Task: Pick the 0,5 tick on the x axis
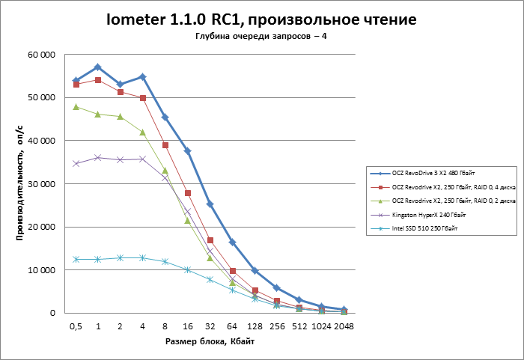pyautogui.click(x=76, y=326)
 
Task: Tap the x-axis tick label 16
pyautogui.click(x=187, y=326)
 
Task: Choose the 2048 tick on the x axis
pyautogui.click(x=344, y=326)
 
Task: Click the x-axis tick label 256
pyautogui.click(x=277, y=326)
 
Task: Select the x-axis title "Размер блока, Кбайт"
pyautogui.click(x=210, y=342)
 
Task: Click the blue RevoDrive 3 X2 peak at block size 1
pyautogui.click(x=98, y=67)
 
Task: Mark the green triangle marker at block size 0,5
pyautogui.click(x=76, y=107)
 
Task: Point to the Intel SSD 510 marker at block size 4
pyautogui.click(x=142, y=257)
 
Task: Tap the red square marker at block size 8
pyautogui.click(x=165, y=145)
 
